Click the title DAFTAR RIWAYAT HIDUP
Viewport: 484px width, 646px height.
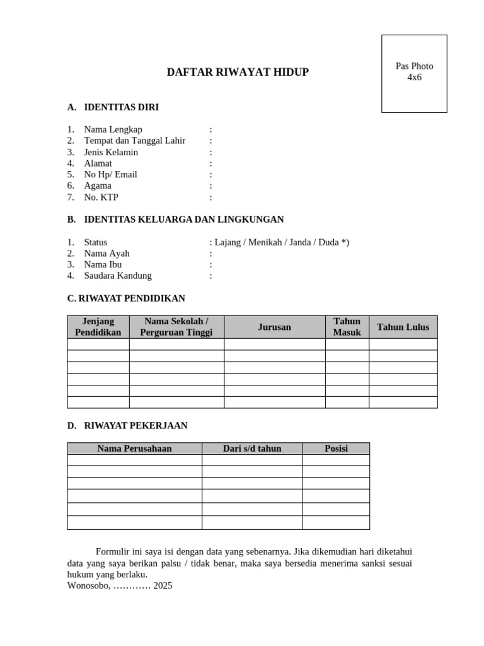click(x=238, y=72)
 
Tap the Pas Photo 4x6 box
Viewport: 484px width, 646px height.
click(x=414, y=73)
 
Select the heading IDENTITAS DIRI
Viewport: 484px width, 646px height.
click(x=121, y=107)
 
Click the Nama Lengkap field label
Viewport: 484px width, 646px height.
click(x=113, y=129)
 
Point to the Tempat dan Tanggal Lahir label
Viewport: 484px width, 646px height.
click(x=134, y=141)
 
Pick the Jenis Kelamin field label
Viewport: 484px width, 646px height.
click(x=111, y=152)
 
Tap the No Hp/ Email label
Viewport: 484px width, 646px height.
click(x=110, y=174)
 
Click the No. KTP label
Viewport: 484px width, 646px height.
click(x=101, y=197)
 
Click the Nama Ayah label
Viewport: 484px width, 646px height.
click(x=107, y=253)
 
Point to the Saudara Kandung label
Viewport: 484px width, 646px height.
click(x=118, y=276)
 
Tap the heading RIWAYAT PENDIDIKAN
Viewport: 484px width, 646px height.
click(x=126, y=298)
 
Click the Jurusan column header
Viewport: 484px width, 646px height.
click(x=274, y=327)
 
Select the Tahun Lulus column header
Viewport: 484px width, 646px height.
click(x=403, y=327)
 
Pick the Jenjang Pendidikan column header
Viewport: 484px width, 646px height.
click(x=98, y=327)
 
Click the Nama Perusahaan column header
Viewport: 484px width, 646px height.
click(x=134, y=449)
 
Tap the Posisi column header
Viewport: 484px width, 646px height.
click(x=336, y=449)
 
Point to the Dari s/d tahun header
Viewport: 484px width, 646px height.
click(x=252, y=449)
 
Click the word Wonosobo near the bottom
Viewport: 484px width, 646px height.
click(x=88, y=585)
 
